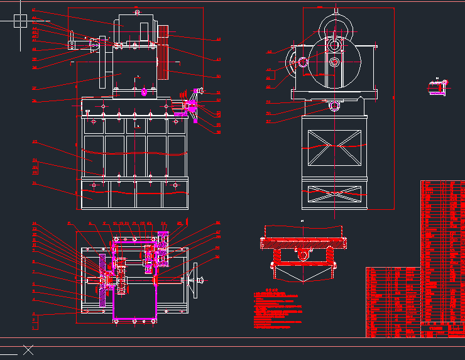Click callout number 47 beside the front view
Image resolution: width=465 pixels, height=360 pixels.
tap(34, 10)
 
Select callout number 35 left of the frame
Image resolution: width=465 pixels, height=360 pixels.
tap(35, 142)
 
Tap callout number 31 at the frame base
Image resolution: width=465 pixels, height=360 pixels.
tap(35, 184)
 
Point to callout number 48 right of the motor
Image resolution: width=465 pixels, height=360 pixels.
tap(218, 39)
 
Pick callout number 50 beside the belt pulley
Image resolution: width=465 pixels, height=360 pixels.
tap(218, 77)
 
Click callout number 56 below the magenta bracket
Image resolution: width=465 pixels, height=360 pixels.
tap(218, 133)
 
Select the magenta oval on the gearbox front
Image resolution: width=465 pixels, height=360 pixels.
tap(145, 92)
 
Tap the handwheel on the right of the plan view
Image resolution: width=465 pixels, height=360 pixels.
tap(199, 276)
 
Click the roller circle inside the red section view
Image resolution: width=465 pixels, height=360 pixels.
tap(303, 254)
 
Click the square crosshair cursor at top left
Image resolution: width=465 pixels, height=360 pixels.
tap(20, 21)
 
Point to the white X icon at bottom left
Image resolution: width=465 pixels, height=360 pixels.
tap(28, 350)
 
